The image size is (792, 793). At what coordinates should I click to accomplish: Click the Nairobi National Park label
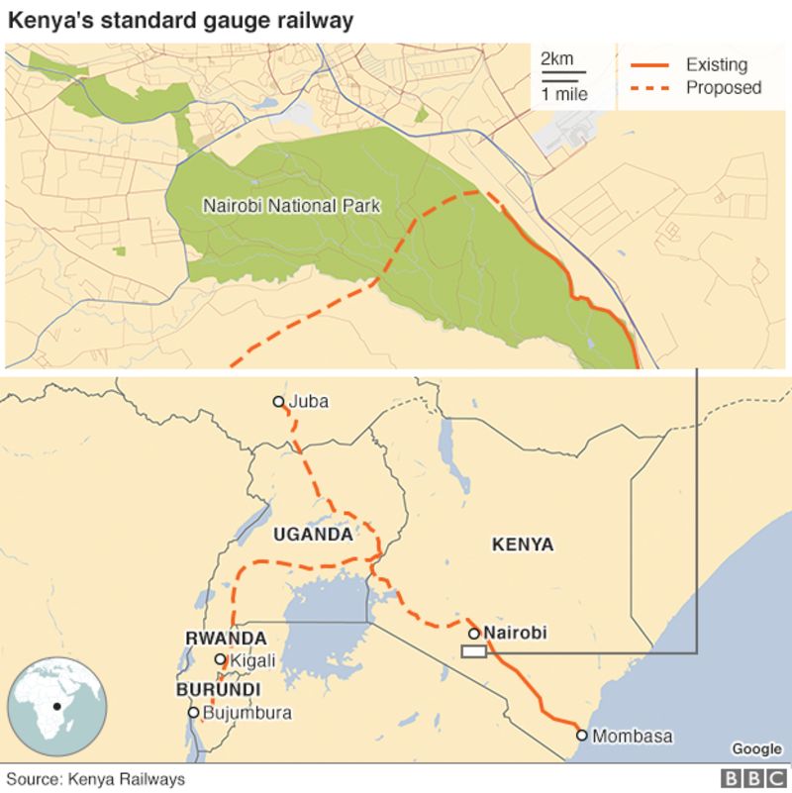[292, 207]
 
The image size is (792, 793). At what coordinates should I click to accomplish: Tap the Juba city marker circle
[279, 402]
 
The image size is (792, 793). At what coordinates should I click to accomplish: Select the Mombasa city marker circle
[582, 736]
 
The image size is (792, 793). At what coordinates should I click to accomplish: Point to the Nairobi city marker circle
[474, 634]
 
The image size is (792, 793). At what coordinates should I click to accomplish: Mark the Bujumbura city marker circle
[193, 712]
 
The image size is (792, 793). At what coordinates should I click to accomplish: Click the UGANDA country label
[313, 535]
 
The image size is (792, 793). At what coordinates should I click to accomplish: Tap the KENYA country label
[523, 545]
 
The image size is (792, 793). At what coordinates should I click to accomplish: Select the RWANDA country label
[226, 639]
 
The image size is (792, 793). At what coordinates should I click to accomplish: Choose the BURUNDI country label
[218, 689]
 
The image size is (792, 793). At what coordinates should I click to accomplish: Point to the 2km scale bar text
[556, 58]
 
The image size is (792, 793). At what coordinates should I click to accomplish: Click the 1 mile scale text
[563, 95]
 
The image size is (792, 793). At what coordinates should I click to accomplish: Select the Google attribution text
[755, 749]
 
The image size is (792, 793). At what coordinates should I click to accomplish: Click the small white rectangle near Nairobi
[474, 651]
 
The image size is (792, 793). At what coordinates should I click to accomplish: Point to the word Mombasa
[632, 737]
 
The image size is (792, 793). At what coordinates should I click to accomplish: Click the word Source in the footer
[33, 779]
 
